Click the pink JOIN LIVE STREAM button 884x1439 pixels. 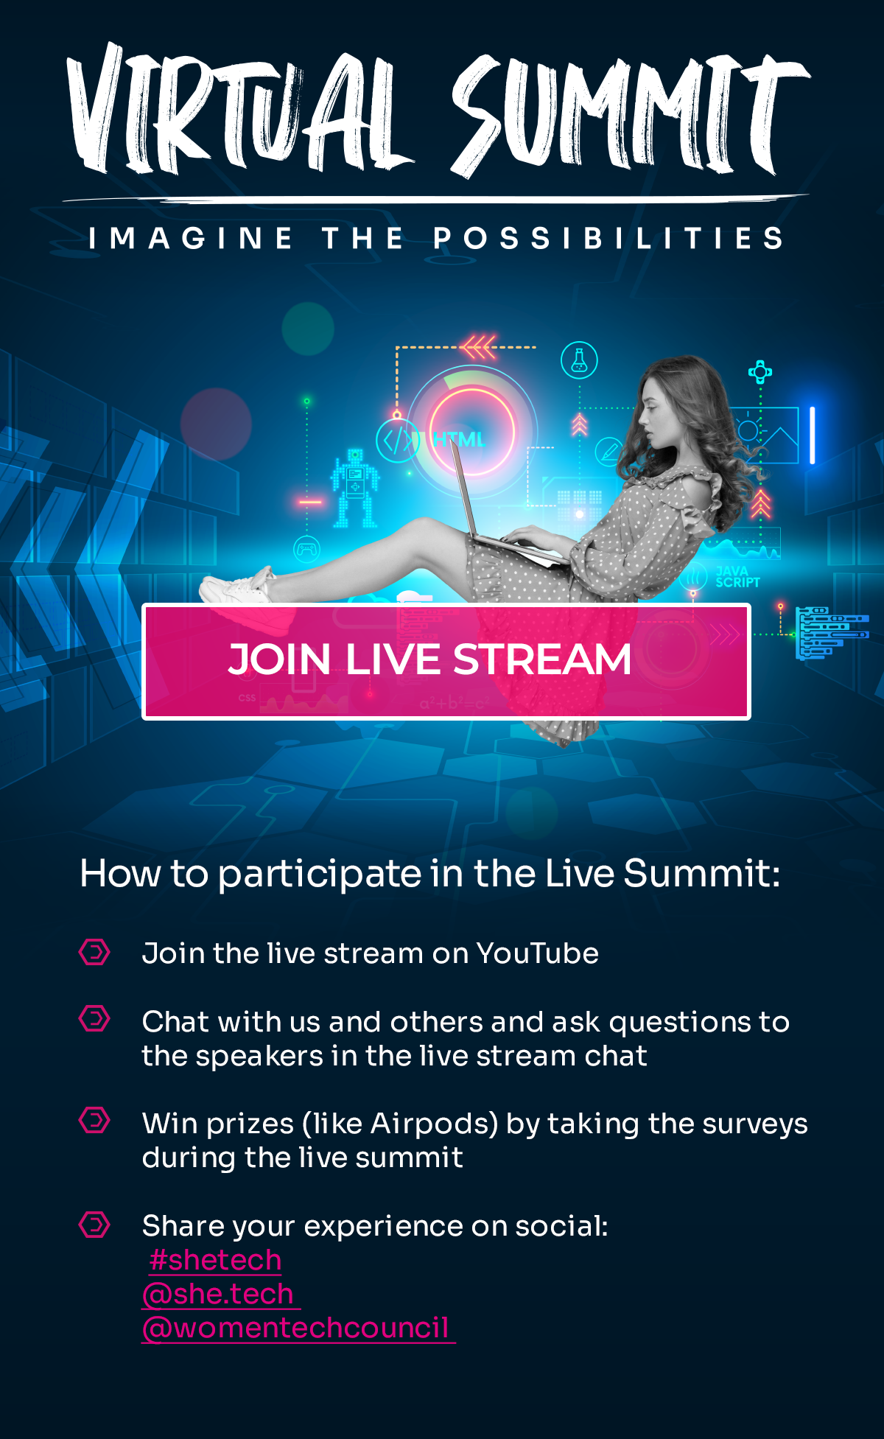point(446,661)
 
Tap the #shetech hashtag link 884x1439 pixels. point(215,1260)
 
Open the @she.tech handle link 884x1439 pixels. point(221,1294)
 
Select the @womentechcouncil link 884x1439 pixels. point(298,1328)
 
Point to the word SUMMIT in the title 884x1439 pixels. point(631,114)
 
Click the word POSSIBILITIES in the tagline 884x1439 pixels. point(608,238)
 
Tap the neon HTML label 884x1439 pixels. point(459,439)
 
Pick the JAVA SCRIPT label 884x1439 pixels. point(737,576)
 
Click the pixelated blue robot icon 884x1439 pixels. point(355,488)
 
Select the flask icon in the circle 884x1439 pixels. point(579,360)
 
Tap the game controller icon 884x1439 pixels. point(306,549)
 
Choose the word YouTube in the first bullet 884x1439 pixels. point(538,953)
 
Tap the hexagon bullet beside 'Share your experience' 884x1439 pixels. point(94,1225)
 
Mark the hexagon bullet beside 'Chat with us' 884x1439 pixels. point(94,1019)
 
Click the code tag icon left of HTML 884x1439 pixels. point(398,441)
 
